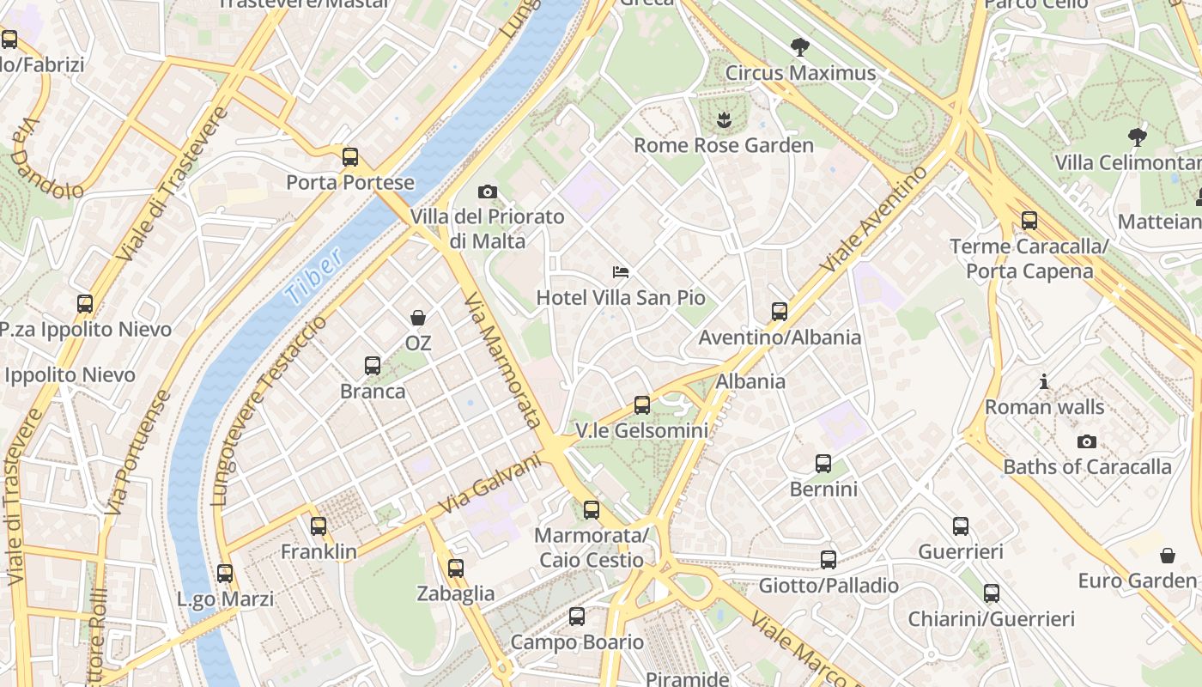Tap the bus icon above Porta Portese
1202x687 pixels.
tap(349, 157)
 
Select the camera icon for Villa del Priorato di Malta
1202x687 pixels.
tap(487, 192)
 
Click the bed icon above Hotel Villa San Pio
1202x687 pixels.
tap(620, 272)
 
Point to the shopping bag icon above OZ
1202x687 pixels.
tap(418, 318)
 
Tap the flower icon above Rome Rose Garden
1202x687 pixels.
tap(724, 119)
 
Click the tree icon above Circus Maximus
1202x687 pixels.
tap(800, 46)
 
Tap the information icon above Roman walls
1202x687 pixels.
tap(1044, 381)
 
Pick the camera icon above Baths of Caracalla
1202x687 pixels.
tap(1086, 441)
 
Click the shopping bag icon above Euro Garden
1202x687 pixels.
tap(1167, 556)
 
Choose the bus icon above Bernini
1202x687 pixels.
tap(823, 464)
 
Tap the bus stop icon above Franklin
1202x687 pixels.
tap(319, 526)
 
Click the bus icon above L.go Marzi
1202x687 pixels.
tap(225, 574)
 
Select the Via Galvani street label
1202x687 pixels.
tap(492, 485)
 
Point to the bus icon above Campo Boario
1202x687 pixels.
tap(577, 617)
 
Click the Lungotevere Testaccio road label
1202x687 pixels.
tap(268, 410)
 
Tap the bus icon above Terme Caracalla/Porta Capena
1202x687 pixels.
tap(1029, 221)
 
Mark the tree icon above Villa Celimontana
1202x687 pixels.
tap(1138, 137)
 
